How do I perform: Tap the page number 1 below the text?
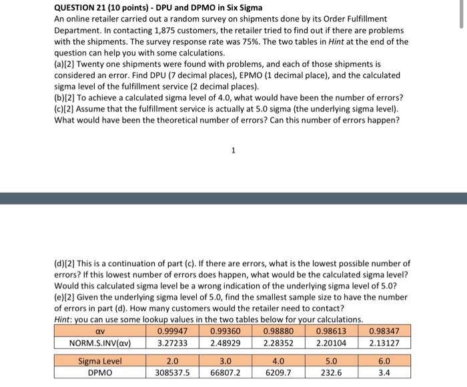coord(233,151)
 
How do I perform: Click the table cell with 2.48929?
coord(225,343)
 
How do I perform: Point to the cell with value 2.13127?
coord(385,343)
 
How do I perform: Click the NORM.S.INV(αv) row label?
coord(101,343)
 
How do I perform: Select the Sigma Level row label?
coord(101,361)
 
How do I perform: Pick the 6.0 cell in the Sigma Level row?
coord(385,361)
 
